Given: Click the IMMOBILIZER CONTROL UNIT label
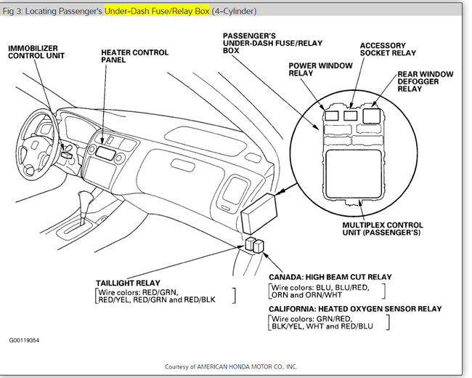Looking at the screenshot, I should pyautogui.click(x=37, y=51).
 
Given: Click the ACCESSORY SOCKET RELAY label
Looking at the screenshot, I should pyautogui.click(x=388, y=49).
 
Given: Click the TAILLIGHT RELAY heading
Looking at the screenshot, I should pyautogui.click(x=131, y=282).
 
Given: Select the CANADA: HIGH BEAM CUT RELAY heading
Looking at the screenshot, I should pyautogui.click(x=330, y=277).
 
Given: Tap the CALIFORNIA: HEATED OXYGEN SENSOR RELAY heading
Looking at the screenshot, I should pyautogui.click(x=354, y=309).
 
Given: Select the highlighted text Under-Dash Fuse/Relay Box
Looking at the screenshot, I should pyautogui.click(x=156, y=12).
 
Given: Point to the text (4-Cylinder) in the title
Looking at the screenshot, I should pyautogui.click(x=234, y=12).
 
